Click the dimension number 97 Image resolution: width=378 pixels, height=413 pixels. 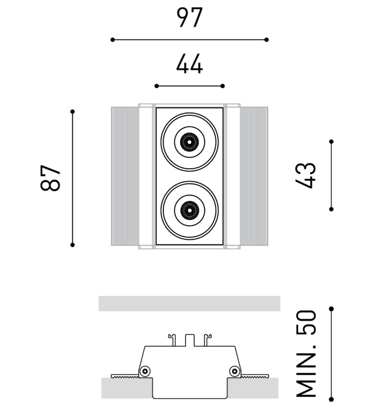(189, 18)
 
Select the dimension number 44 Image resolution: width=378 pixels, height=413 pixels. (189, 64)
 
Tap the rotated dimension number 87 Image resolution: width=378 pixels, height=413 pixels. (51, 177)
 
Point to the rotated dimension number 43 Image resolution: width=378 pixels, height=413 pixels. (306, 175)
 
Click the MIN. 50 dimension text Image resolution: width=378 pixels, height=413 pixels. (306, 354)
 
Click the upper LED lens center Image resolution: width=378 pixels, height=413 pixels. (189, 142)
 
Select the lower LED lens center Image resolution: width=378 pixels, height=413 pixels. (189, 210)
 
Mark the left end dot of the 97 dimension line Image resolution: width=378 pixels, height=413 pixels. (113, 39)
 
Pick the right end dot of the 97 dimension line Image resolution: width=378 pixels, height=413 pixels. (267, 39)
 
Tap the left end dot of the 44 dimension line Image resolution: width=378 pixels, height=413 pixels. (157, 86)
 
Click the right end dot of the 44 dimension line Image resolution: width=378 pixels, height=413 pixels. (223, 86)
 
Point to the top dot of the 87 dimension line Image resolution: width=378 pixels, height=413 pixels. (72, 112)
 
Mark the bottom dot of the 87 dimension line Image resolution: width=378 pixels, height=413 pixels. (72, 244)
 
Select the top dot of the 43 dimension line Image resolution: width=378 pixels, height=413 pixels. (331, 142)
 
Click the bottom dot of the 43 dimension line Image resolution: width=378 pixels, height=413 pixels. (331, 209)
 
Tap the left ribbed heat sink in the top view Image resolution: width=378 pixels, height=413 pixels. (125, 176)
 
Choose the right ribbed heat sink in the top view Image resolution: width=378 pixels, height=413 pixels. (254, 176)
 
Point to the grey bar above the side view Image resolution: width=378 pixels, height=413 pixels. (189, 303)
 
